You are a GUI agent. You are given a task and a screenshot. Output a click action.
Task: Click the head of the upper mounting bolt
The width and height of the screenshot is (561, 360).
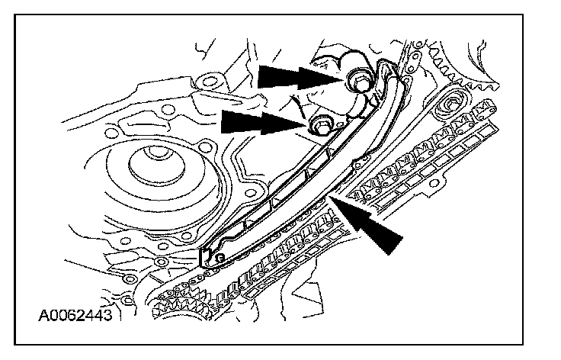pyautogui.click(x=357, y=79)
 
